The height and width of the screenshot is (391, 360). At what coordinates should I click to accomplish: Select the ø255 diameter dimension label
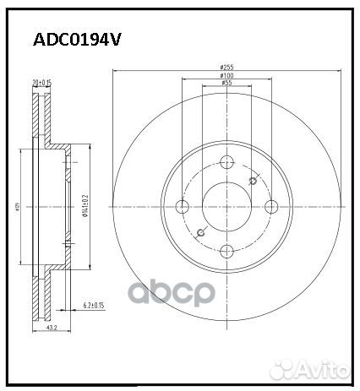pos(226,67)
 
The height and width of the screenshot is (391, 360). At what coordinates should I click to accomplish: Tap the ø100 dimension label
pos(226,77)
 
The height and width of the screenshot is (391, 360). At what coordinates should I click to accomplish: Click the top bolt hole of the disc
pos(226,164)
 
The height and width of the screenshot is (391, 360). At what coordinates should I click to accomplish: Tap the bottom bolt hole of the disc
pos(226,250)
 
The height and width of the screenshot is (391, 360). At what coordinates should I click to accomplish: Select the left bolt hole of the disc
pos(183,207)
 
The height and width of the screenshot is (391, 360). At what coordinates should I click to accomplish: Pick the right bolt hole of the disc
pos(270,207)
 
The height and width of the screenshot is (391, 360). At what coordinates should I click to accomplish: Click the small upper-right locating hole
pos(254,180)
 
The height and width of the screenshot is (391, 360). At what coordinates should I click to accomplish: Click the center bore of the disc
pos(226,207)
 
